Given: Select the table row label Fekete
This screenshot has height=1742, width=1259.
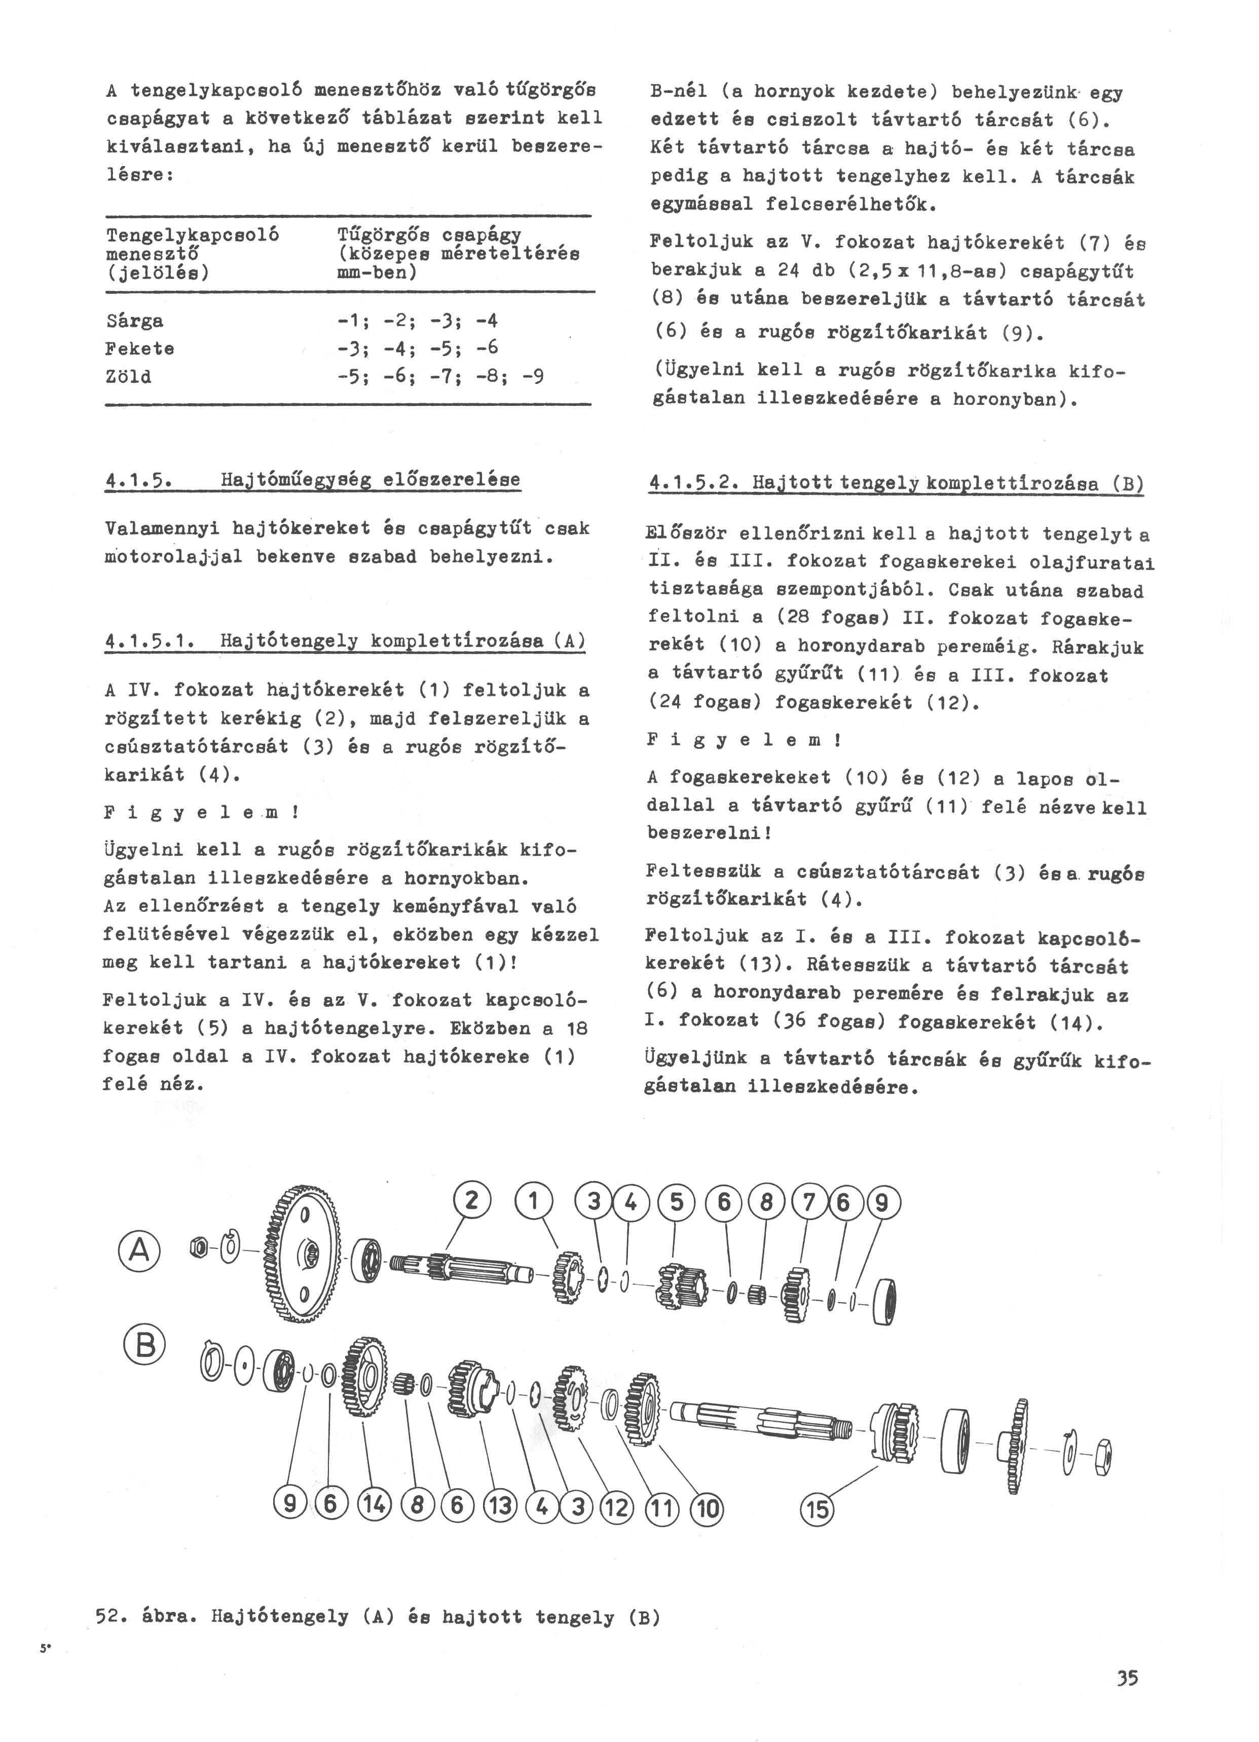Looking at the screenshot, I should click(x=140, y=349).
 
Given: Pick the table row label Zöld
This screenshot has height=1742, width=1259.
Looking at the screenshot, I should click(x=128, y=377).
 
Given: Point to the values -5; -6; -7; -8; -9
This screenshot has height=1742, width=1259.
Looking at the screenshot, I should click(x=441, y=376).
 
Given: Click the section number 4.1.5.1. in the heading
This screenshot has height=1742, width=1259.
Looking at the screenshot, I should click(x=154, y=640).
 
